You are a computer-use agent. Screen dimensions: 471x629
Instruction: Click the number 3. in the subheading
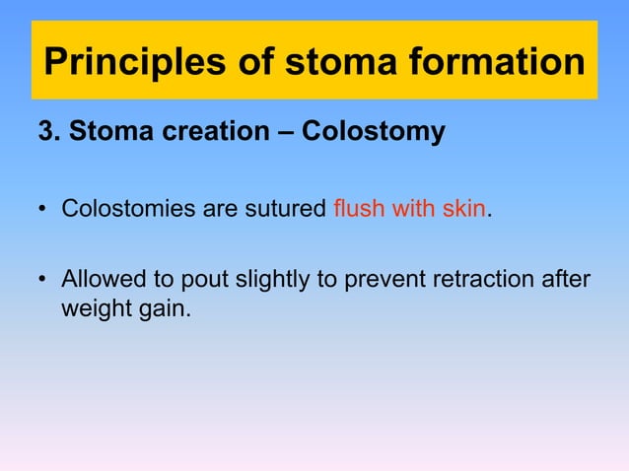(47, 131)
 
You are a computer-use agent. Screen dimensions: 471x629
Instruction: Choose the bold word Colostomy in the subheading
(373, 132)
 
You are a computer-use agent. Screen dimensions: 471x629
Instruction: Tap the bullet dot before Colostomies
(43, 211)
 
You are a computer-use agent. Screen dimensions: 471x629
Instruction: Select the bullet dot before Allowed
(43, 282)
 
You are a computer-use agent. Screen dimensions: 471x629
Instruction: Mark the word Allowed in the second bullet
(103, 281)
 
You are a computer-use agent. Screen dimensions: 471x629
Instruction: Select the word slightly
(258, 282)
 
